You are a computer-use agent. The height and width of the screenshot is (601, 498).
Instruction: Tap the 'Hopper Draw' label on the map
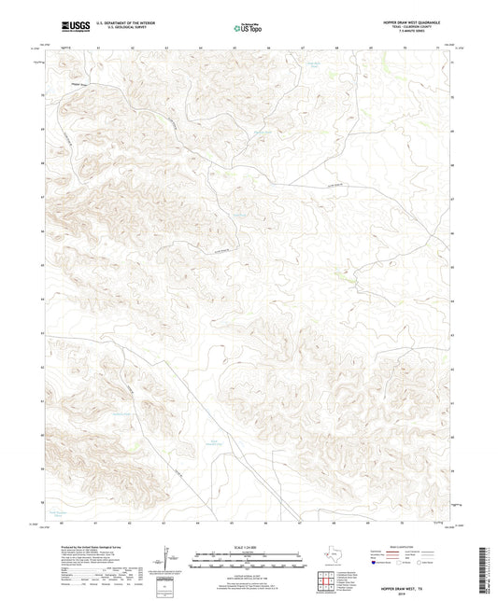pos(65,84)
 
